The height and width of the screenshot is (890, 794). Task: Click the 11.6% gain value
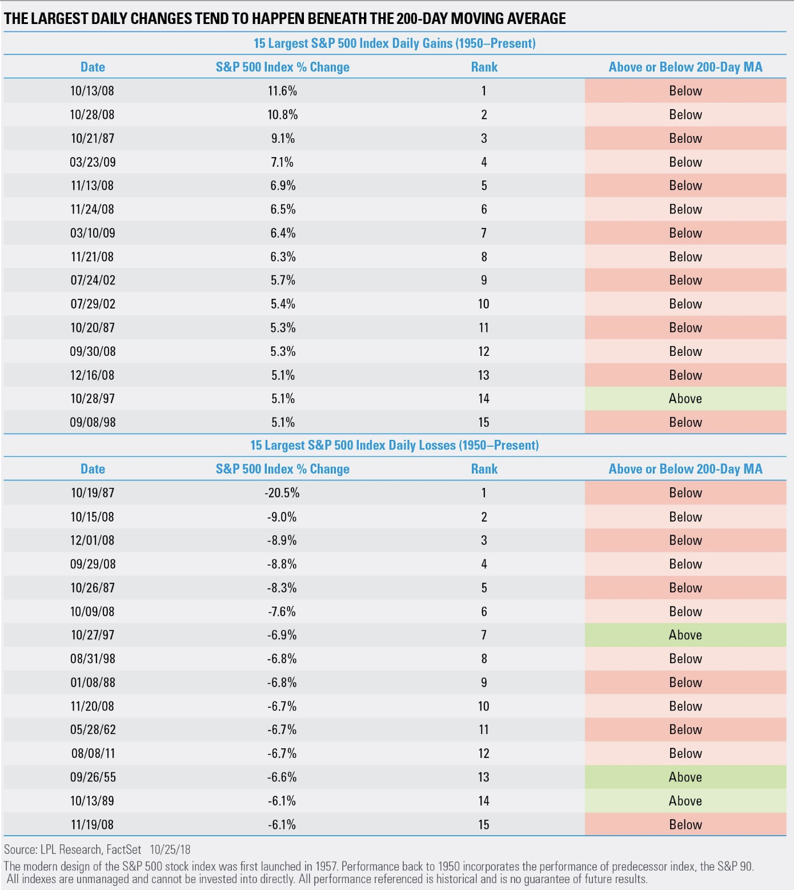pyautogui.click(x=282, y=91)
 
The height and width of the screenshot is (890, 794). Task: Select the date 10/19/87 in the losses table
pyautogui.click(x=93, y=493)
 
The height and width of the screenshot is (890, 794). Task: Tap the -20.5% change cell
pyautogui.click(x=282, y=493)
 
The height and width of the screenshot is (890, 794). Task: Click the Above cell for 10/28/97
pyautogui.click(x=685, y=399)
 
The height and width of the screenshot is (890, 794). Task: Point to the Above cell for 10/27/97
pyautogui.click(x=685, y=635)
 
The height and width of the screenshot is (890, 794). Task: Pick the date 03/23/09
pyautogui.click(x=93, y=162)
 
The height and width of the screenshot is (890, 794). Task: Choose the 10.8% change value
pyautogui.click(x=282, y=115)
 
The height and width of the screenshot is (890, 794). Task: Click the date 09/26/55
pyautogui.click(x=93, y=777)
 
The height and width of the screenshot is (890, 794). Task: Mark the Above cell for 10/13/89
pyautogui.click(x=685, y=801)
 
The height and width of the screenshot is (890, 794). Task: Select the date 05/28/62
pyautogui.click(x=93, y=729)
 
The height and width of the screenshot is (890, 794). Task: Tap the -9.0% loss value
pyautogui.click(x=282, y=517)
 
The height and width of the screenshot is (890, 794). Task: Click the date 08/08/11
pyautogui.click(x=93, y=753)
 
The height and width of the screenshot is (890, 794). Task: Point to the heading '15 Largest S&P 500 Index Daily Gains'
pyautogui.click(x=394, y=43)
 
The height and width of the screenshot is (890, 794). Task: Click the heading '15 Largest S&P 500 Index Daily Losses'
pyautogui.click(x=394, y=446)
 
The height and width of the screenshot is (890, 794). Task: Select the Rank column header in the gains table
pyautogui.click(x=484, y=67)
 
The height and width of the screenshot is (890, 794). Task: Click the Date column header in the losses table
pyautogui.click(x=93, y=469)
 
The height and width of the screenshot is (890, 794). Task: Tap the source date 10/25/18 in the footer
pyautogui.click(x=170, y=849)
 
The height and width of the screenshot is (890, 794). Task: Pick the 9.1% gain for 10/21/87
pyautogui.click(x=282, y=138)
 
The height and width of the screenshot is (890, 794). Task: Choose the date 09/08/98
pyautogui.click(x=93, y=422)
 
